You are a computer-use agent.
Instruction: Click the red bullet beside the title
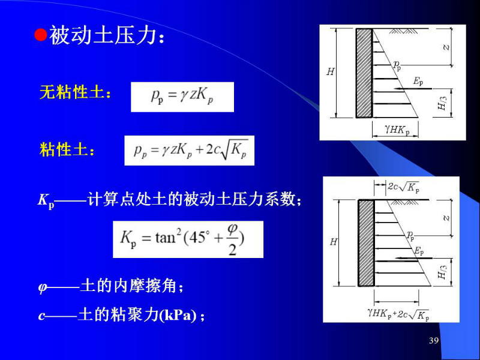point(40,35)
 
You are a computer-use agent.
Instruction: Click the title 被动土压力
point(103,35)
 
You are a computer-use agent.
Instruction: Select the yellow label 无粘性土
point(72,92)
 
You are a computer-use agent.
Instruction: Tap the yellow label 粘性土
point(64,150)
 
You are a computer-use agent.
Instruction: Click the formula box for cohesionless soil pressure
point(182,97)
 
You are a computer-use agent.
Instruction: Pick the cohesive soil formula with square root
point(189,151)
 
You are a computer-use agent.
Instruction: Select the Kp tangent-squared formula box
point(188,239)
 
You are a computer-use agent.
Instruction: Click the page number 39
point(434,340)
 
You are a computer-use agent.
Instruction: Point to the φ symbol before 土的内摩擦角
point(43,287)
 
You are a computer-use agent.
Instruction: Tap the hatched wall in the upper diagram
point(364,73)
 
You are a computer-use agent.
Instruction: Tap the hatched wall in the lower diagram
point(366,243)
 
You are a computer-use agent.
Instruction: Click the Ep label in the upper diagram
point(418,82)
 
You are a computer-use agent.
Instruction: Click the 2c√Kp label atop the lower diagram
point(403,187)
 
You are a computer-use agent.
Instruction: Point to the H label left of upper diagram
point(331,71)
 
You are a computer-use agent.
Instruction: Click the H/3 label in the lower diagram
point(442,272)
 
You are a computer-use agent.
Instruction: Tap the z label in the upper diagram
point(446,47)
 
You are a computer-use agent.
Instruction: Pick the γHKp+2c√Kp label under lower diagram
point(398,314)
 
